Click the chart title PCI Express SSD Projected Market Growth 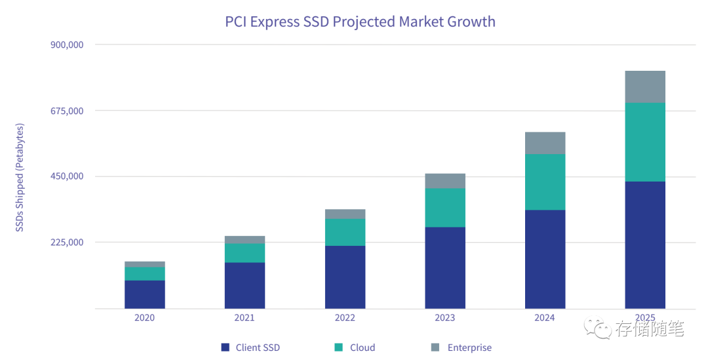click(x=360, y=22)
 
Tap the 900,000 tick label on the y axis click(x=67, y=45)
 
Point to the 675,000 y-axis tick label click(x=67, y=111)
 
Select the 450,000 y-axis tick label click(x=67, y=176)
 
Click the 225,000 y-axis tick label click(x=67, y=243)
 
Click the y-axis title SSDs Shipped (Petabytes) click(x=20, y=177)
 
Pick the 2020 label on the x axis click(x=144, y=318)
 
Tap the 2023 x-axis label click(x=444, y=318)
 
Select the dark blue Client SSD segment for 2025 click(x=645, y=245)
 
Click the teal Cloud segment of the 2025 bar click(x=645, y=142)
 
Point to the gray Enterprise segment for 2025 click(x=645, y=87)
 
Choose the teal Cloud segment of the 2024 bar click(x=545, y=182)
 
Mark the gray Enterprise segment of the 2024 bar click(x=545, y=143)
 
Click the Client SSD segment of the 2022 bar click(x=345, y=277)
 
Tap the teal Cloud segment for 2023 click(x=445, y=207)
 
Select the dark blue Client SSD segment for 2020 click(x=144, y=294)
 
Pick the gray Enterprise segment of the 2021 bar click(x=245, y=239)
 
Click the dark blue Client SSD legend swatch click(x=226, y=348)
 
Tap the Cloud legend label click(x=363, y=348)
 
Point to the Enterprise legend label click(x=469, y=348)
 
